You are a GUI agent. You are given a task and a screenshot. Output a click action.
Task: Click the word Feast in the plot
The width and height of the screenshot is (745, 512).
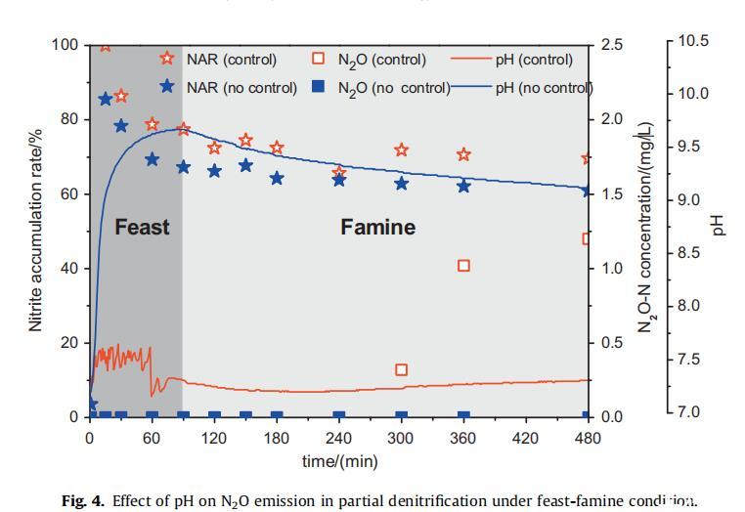142,228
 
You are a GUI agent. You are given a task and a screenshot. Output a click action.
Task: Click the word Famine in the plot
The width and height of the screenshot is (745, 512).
377,228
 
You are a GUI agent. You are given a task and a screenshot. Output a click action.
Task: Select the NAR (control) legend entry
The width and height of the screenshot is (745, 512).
232,60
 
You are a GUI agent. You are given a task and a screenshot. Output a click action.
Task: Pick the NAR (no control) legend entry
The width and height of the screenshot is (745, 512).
241,87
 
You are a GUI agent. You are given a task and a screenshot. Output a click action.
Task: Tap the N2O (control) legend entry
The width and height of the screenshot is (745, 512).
382,60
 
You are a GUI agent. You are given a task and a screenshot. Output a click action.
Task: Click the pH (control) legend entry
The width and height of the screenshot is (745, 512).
534,60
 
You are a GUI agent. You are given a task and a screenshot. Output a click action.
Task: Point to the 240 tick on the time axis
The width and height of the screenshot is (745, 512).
339,438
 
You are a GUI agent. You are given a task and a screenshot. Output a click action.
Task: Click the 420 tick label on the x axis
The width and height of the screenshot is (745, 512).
526,438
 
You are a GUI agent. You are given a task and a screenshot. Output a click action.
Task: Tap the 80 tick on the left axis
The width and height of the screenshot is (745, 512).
68,119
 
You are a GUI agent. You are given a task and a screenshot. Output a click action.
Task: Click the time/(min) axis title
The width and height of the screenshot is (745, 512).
339,460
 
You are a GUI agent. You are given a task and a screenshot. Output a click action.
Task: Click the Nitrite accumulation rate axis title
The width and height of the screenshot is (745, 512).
36,231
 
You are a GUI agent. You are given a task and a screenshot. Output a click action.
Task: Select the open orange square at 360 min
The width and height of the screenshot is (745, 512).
463,266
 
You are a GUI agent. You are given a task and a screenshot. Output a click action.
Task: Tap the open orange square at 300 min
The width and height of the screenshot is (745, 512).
401,369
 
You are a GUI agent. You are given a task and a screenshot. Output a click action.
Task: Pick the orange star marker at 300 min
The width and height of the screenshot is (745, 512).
401,150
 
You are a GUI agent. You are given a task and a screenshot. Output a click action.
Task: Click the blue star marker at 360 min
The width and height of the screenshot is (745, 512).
463,186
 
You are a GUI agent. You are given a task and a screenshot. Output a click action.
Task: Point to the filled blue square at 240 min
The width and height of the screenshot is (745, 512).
339,416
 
